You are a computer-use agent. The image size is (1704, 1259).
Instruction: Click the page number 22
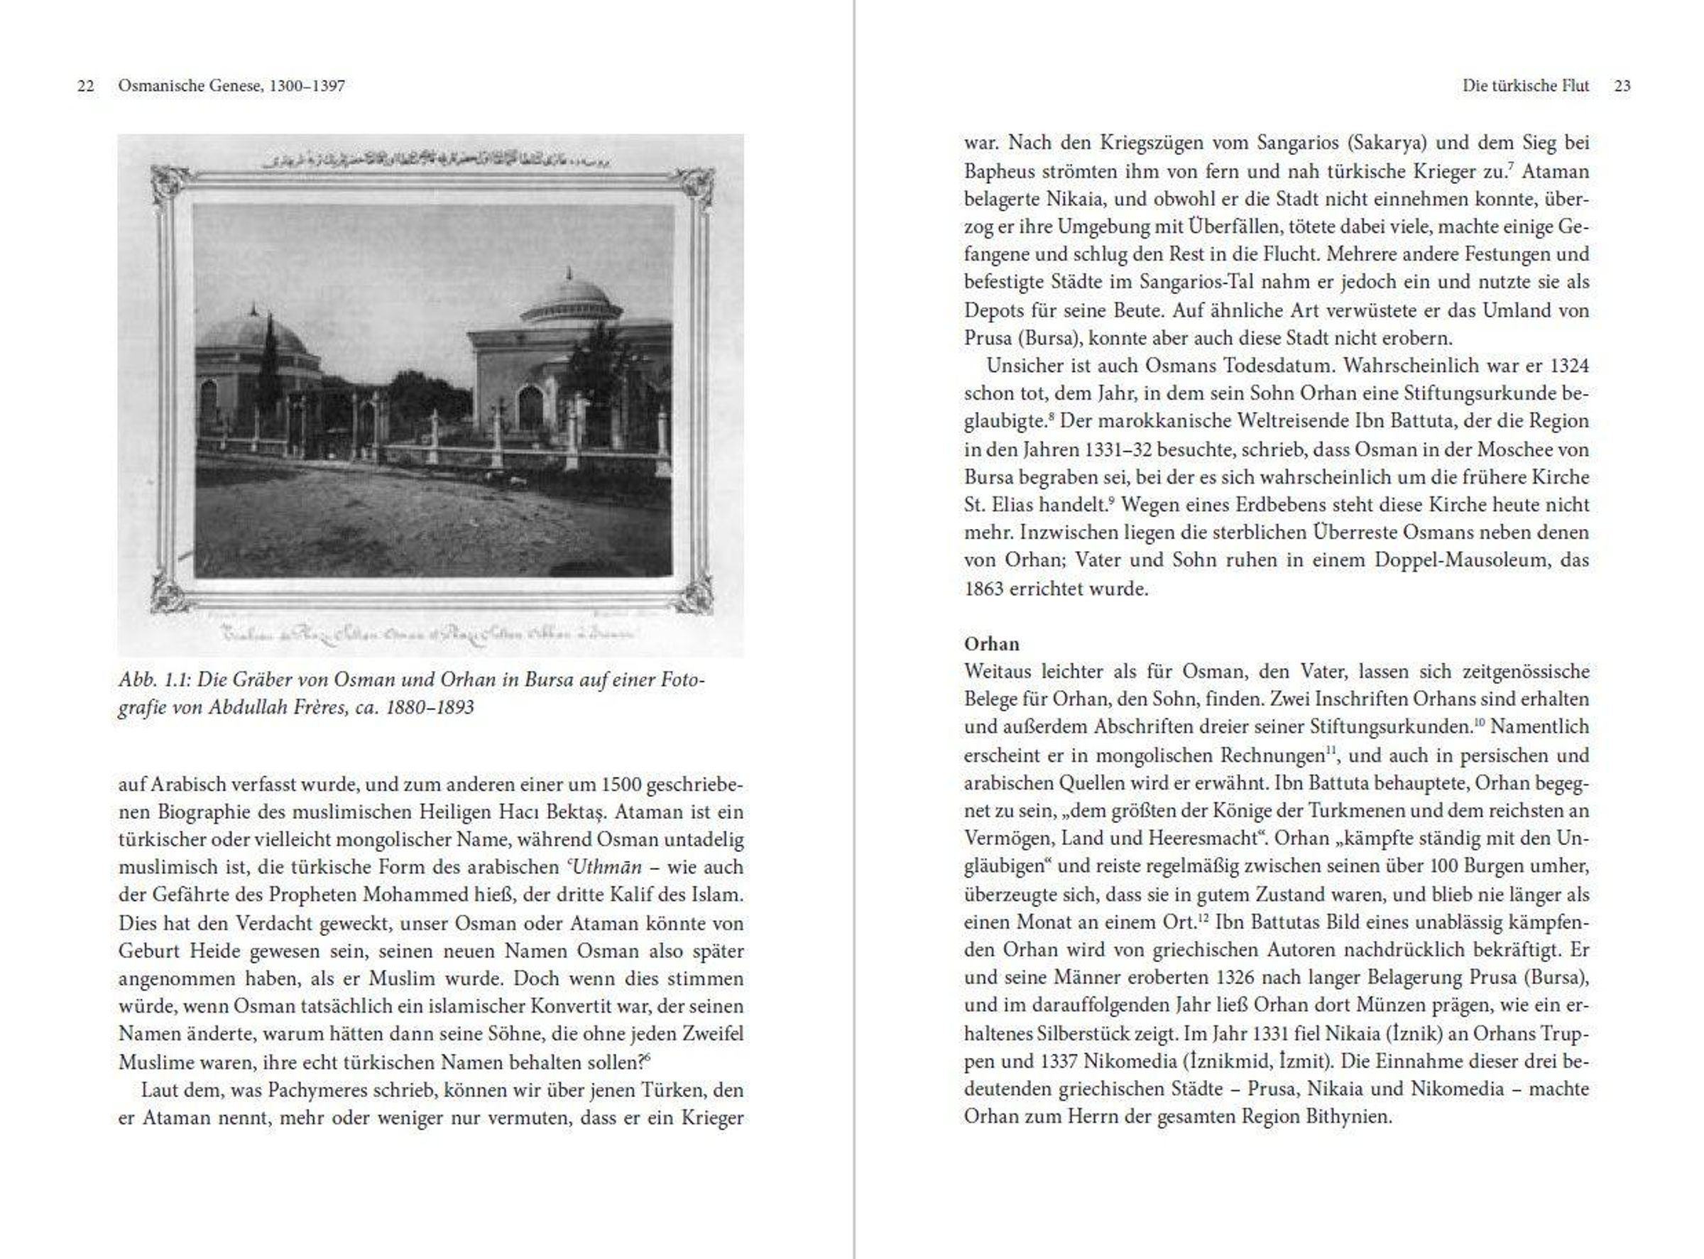[x=85, y=86]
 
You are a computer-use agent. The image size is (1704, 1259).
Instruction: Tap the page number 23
[x=1622, y=86]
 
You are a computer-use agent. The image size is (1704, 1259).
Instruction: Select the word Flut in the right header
[x=1575, y=86]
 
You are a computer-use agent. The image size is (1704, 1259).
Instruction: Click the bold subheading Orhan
[x=990, y=644]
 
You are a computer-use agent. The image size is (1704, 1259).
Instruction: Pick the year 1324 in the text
[x=1568, y=366]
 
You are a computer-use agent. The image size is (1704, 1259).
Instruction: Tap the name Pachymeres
[x=318, y=1091]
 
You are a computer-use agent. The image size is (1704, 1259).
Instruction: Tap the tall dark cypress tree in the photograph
[x=268, y=366]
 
